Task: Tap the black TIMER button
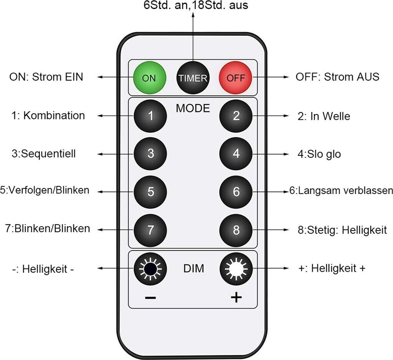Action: tap(193, 78)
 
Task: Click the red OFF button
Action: tap(236, 78)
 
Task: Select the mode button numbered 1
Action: tap(150, 116)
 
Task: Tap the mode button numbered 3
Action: tap(150, 154)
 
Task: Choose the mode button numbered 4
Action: tap(236, 154)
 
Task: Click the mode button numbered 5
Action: tap(150, 192)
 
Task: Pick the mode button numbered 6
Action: tap(236, 192)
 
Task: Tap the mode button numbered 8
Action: tap(236, 230)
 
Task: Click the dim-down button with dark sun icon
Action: tap(150, 269)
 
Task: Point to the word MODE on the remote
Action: tap(193, 108)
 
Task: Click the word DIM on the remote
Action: tap(193, 269)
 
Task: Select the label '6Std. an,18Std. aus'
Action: tap(193, 6)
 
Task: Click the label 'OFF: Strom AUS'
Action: tap(337, 77)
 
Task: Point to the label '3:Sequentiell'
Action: tap(43, 154)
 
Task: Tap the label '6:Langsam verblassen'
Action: tap(341, 191)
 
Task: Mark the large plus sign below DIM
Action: tap(236, 297)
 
